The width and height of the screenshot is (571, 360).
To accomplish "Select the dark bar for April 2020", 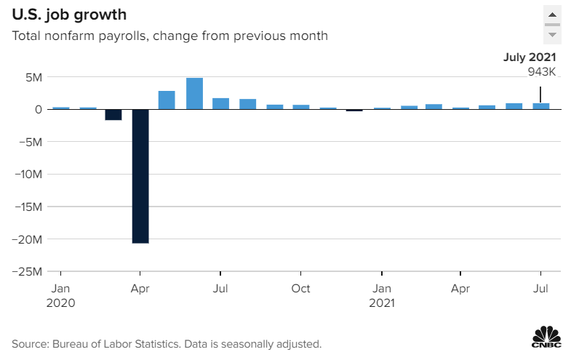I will (140, 176).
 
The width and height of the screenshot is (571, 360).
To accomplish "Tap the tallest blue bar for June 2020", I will (194, 93).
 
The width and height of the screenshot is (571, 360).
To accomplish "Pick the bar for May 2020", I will (167, 100).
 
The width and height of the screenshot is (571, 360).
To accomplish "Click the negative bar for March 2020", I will (113, 115).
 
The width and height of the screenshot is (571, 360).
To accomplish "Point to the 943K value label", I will (542, 72).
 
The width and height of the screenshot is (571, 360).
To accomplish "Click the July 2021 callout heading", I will (531, 57).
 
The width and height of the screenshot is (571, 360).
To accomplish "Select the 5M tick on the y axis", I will (35, 77).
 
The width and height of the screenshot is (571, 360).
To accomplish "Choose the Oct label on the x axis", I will (300, 289).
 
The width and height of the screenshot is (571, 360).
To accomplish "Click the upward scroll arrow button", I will (552, 15).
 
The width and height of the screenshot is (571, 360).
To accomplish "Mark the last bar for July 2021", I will (541, 106).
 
